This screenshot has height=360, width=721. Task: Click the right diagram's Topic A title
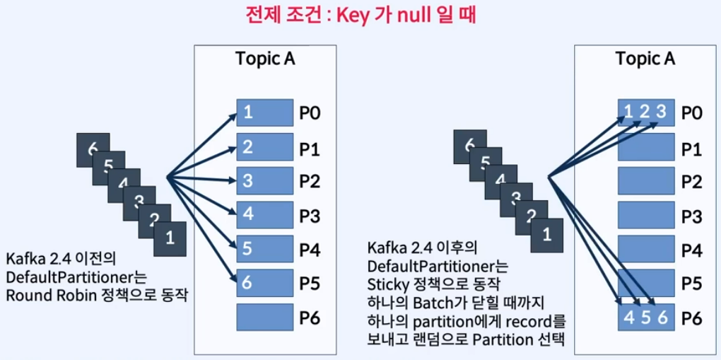[645, 59]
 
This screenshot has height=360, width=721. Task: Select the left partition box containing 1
[265, 112]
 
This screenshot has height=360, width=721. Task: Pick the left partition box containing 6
[265, 282]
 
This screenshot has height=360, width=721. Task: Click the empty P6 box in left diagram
[265, 316]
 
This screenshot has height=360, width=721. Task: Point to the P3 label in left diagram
[310, 215]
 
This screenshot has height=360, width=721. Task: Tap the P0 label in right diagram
[691, 112]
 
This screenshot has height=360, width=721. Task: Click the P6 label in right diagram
[691, 317]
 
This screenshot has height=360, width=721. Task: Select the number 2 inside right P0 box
[645, 112]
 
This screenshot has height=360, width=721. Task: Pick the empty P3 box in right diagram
[645, 215]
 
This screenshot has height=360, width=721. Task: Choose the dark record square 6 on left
[93, 149]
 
